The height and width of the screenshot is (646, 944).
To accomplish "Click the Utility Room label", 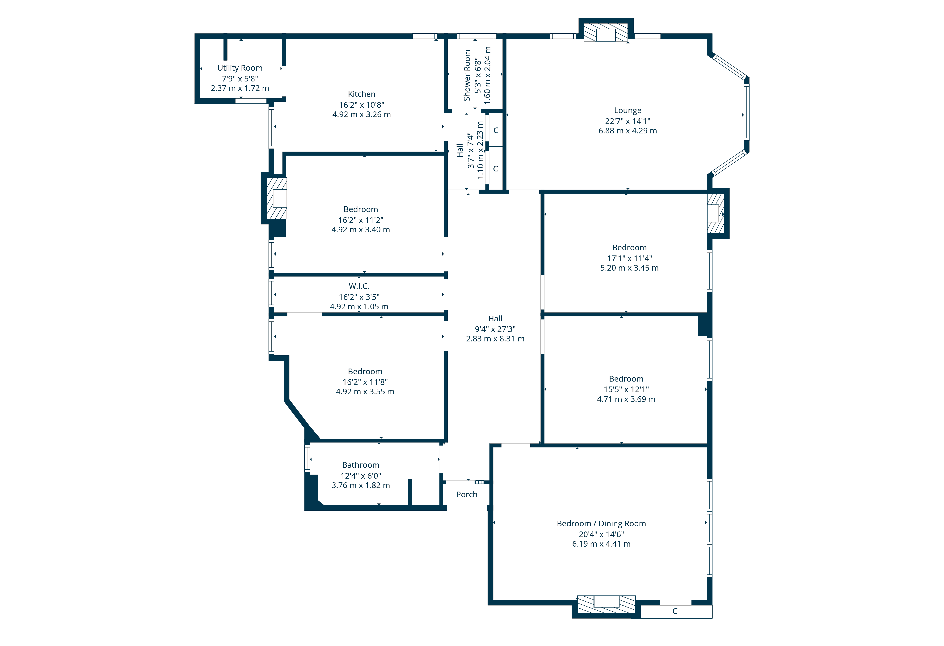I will [240, 68].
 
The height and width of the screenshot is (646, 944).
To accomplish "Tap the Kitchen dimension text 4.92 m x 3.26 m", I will [362, 115].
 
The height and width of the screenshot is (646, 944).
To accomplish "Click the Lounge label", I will [628, 110].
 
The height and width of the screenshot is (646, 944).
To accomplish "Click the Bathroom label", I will [361, 465].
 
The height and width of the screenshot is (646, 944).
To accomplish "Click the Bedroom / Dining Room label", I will [601, 524].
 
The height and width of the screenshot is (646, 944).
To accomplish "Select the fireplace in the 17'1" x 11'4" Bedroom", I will [715, 213].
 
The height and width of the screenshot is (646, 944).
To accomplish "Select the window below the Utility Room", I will [251, 101].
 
